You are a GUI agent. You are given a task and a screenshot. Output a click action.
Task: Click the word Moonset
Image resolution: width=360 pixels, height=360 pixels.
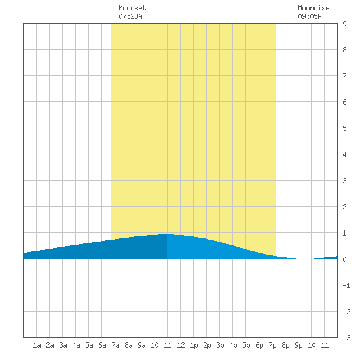point(132,8)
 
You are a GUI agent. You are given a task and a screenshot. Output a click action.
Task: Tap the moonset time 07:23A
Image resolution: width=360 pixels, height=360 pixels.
point(130,16)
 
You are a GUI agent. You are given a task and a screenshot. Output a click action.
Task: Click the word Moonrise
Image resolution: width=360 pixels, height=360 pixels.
point(314,8)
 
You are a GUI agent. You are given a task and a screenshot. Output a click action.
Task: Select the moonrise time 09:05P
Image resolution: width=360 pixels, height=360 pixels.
point(310,16)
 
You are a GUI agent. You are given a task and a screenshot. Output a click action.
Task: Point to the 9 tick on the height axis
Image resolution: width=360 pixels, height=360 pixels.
point(344,24)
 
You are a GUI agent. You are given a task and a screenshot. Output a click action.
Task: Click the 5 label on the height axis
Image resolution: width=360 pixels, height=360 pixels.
point(344,128)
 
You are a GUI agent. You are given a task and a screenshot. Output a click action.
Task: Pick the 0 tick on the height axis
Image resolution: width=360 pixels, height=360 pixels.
point(344,259)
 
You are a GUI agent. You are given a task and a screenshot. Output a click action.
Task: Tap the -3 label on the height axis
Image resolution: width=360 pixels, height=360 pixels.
point(346,338)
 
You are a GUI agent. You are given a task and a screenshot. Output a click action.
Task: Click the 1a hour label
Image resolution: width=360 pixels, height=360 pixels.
point(37,345)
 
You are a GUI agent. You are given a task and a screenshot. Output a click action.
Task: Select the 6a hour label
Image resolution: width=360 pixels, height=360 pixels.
point(102,345)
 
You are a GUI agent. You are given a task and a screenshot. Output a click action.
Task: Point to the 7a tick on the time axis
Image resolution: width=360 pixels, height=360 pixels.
point(115,345)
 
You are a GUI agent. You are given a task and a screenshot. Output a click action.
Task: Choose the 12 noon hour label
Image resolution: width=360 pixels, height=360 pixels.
point(181,345)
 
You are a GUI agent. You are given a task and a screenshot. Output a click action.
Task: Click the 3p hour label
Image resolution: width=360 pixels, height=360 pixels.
point(220,345)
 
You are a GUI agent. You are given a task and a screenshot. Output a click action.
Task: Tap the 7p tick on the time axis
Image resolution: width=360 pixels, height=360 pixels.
point(272,345)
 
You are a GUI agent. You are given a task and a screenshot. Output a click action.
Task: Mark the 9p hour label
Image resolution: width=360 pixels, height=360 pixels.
point(298,345)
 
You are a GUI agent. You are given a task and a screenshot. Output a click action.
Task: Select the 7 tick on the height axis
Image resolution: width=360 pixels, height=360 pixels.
point(344,76)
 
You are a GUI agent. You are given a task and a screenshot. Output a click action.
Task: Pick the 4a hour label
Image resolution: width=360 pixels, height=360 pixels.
point(76,345)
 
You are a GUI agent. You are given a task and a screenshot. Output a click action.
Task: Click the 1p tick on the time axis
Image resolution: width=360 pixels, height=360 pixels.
point(194,345)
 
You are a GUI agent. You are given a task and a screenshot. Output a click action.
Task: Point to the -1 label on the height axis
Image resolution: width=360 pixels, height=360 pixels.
point(346,285)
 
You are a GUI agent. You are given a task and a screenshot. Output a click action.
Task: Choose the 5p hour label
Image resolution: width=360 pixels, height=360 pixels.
point(246,345)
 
